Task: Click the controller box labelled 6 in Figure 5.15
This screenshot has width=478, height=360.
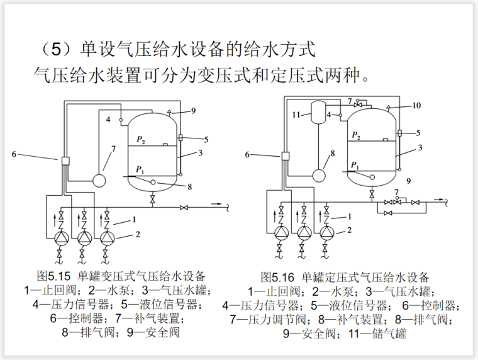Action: tap(65, 161)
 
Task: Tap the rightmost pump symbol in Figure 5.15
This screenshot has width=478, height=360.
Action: tap(108, 238)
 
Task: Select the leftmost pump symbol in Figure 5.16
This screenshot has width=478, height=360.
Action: tap(281, 232)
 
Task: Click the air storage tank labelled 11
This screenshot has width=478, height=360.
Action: tap(321, 113)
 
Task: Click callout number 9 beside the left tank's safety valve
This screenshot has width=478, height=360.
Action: tap(194, 111)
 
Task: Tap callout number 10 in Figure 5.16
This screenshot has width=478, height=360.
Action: tap(416, 105)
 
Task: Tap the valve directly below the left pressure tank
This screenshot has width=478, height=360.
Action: tap(152, 199)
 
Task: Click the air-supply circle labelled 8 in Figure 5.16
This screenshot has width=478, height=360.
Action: tap(320, 174)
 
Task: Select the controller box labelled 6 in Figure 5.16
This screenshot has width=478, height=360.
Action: tap(285, 156)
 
